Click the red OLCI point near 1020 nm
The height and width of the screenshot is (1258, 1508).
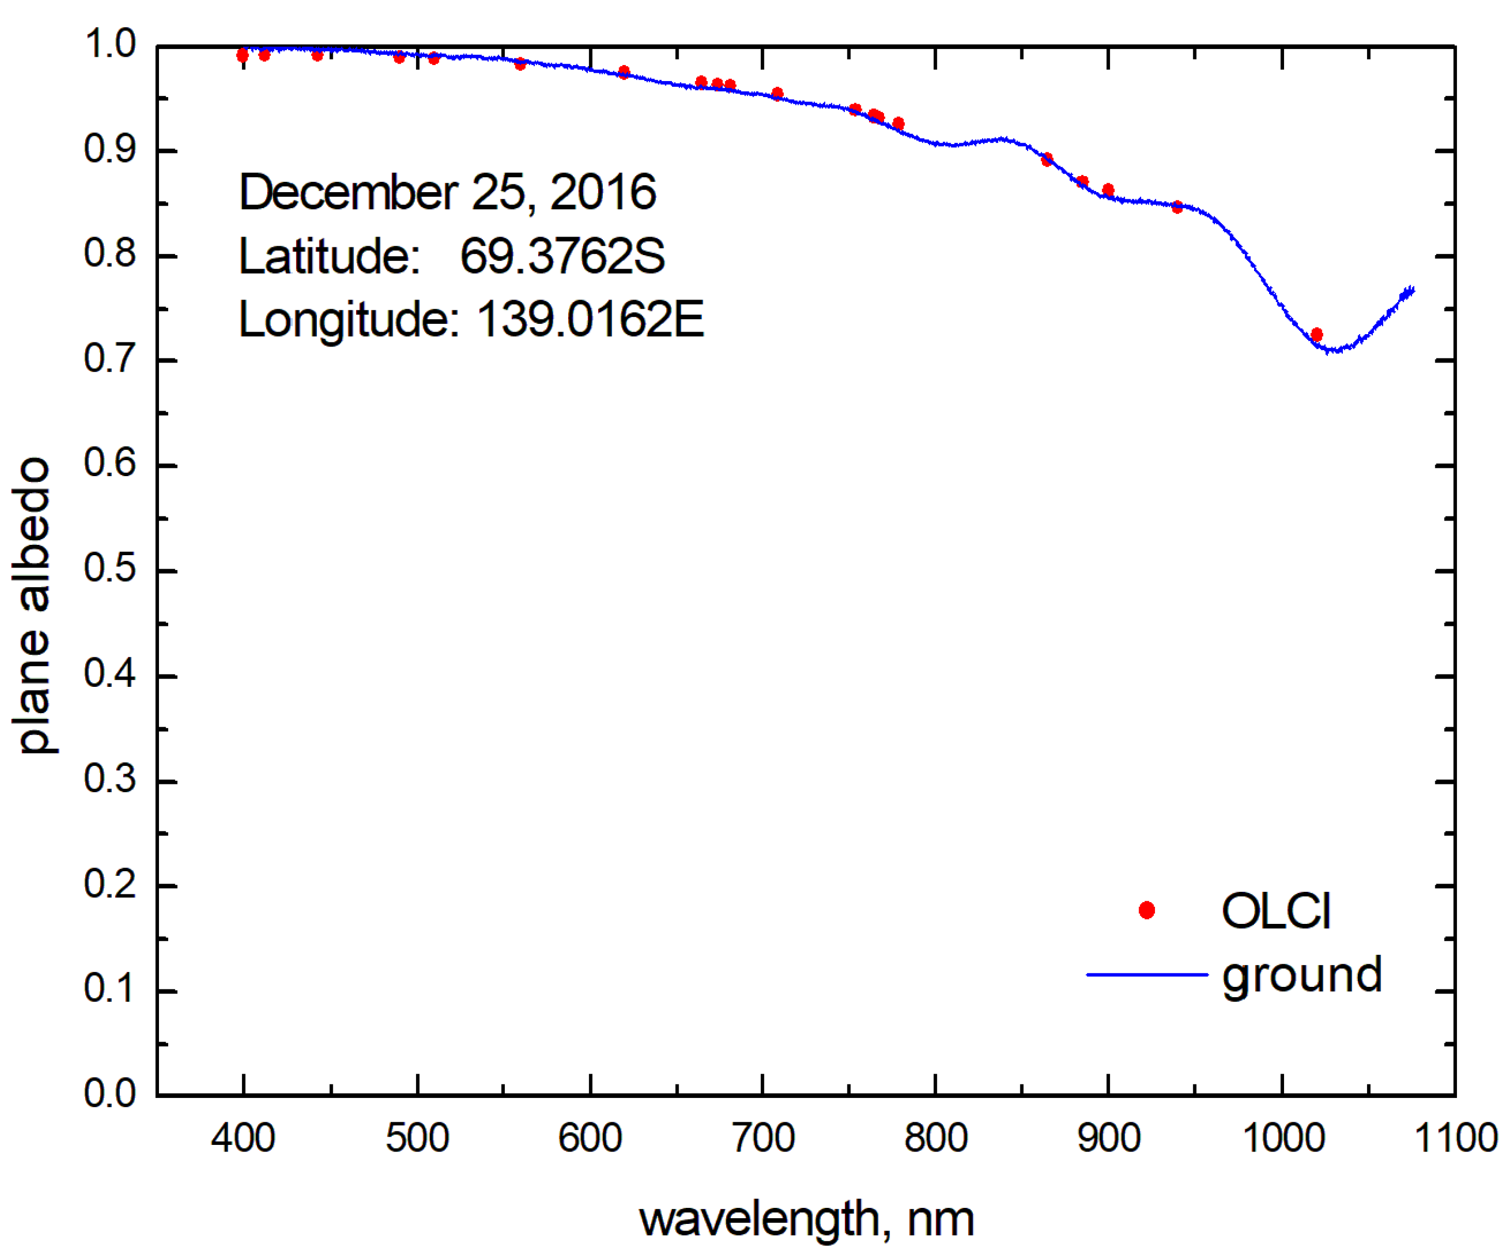pos(1316,334)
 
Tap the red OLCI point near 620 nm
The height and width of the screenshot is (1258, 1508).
pos(623,72)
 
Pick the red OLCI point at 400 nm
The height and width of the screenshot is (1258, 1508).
pos(243,55)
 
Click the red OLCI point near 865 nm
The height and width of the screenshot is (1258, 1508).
pos(1047,159)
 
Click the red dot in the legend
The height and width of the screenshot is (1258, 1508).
pos(1147,910)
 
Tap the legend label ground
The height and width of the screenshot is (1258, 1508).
pos(1301,976)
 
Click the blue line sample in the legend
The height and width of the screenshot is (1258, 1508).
pos(1147,974)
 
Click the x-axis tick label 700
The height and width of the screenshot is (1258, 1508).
pos(763,1138)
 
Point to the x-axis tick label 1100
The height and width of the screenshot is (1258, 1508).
pos(1455,1138)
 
